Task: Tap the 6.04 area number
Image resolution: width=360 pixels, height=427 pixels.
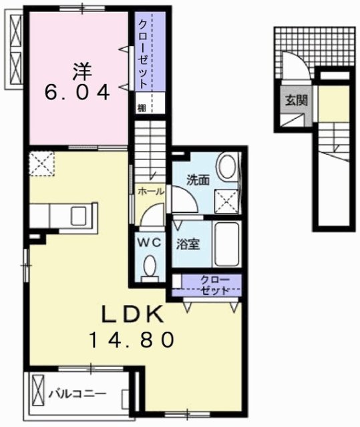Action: point(77,92)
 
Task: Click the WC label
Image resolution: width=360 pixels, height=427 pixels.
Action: point(149,243)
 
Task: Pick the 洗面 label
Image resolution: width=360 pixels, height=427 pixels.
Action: point(198,179)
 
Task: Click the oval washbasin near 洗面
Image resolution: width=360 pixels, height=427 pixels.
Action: point(228,166)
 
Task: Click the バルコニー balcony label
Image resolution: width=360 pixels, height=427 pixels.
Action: point(77,394)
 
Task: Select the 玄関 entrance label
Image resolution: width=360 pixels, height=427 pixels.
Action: point(297,101)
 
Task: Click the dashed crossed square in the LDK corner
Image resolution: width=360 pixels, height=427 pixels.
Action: point(41,163)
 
